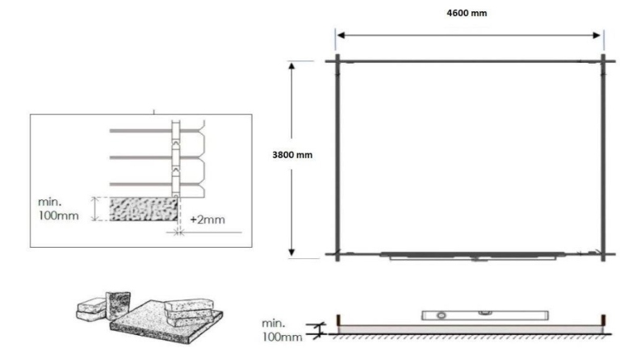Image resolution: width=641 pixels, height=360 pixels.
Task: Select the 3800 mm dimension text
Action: coord(293,154)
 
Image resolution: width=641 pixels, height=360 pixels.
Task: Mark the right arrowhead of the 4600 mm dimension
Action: coord(600,36)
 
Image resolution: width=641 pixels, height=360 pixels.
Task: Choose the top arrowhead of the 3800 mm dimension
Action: coord(292,65)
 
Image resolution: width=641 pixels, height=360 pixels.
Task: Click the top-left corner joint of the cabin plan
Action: coord(338,61)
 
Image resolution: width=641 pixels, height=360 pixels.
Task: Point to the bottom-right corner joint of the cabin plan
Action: coord(602,255)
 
